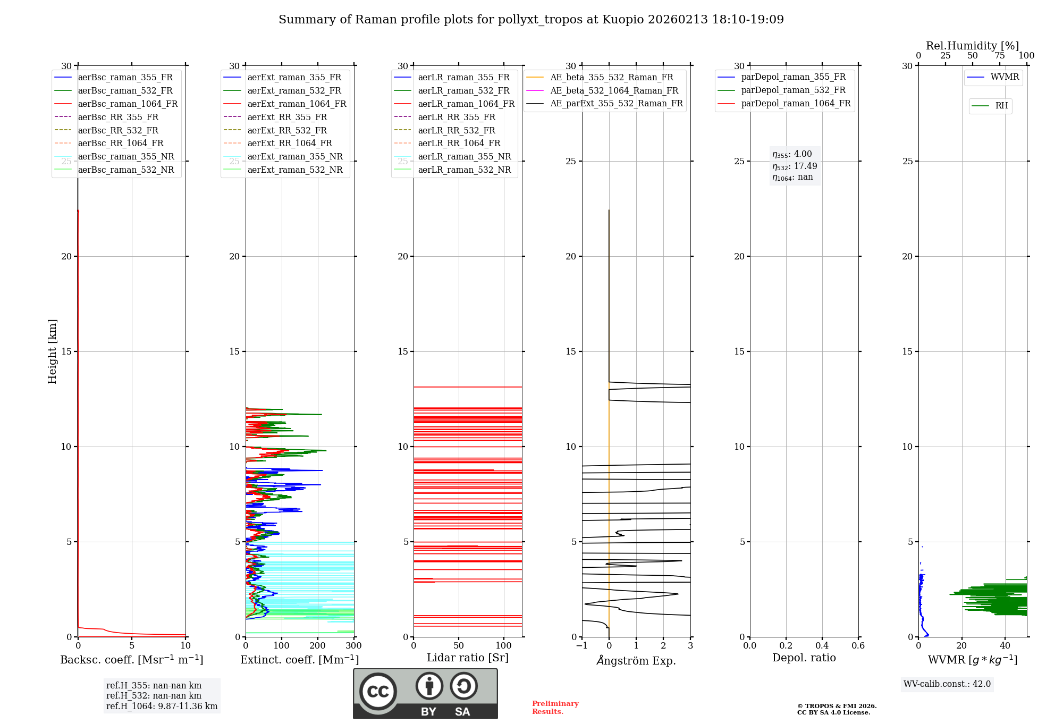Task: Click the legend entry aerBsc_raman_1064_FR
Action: (128, 104)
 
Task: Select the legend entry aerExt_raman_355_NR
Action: (295, 156)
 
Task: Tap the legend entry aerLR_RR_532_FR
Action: (457, 130)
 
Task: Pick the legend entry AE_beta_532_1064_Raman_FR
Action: (614, 90)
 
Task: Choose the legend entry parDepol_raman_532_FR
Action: (793, 90)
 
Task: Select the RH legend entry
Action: (1001, 106)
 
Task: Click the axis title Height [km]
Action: (52, 351)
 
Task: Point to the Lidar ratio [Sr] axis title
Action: (468, 658)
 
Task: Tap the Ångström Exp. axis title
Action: (636, 661)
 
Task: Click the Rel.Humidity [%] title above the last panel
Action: (972, 46)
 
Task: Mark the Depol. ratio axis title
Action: (804, 658)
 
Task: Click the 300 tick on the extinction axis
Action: (353, 646)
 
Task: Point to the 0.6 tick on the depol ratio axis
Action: (858, 646)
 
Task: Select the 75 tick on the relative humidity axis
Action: (999, 56)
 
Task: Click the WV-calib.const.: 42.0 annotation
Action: (947, 684)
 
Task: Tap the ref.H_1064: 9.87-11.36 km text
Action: (162, 707)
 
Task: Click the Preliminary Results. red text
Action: (555, 708)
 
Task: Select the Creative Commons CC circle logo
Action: (378, 692)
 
